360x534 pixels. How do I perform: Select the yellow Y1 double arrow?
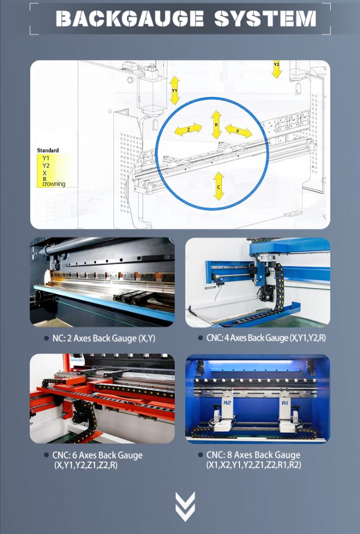pos(175,90)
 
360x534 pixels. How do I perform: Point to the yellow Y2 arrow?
pos(277,69)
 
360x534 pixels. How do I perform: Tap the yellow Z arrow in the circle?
pos(188,129)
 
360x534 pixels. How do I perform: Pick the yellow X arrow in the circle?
pos(238,131)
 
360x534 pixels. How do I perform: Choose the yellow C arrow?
pos(219,186)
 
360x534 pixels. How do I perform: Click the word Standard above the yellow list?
pos(48,150)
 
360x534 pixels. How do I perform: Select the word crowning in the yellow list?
pos(54,184)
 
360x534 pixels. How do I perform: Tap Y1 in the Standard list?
pos(46,158)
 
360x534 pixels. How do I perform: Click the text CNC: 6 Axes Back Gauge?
pos(97,455)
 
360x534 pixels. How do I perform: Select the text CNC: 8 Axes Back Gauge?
pos(253,455)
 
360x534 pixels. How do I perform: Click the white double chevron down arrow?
pos(185,506)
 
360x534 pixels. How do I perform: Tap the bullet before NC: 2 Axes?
pos(46,338)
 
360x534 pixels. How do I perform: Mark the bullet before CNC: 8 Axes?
pos(200,455)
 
